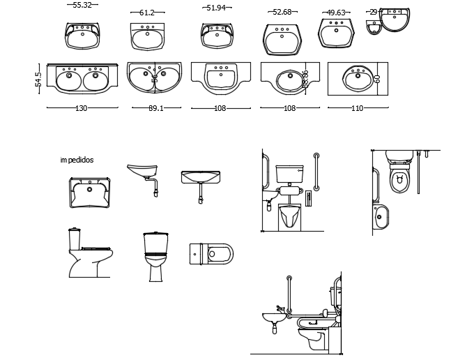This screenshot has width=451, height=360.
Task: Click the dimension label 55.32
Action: click(82, 5)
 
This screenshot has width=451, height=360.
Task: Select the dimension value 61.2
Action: click(147, 13)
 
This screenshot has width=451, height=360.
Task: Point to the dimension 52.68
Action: click(282, 11)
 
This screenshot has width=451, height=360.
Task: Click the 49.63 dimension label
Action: click(337, 13)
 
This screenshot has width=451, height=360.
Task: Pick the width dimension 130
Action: click(82, 108)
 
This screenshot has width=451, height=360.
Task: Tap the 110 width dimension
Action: click(358, 108)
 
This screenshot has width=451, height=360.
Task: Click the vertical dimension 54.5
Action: click(39, 78)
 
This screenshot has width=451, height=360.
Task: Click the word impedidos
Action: click(77, 160)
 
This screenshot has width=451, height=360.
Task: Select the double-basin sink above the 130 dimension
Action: click(82, 77)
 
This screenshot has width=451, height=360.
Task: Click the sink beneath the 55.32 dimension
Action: click(82, 36)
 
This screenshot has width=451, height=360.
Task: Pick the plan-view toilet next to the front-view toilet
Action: click(211, 253)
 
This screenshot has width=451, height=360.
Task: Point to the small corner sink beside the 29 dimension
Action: click(374, 27)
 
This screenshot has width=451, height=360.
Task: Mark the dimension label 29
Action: click(374, 12)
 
